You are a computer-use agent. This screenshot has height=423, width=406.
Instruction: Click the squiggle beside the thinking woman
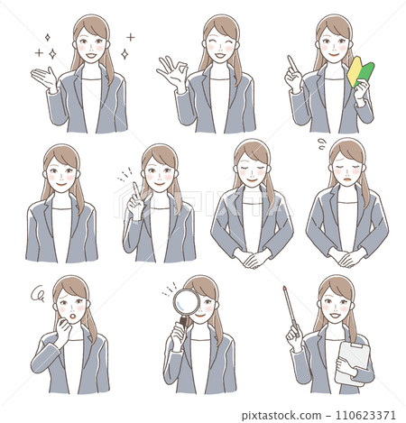click(38, 293)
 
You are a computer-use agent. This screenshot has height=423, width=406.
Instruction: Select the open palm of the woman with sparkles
click(42, 78)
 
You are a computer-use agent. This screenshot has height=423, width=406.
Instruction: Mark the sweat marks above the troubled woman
click(322, 142)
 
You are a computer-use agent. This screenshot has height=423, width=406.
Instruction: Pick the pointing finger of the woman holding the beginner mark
click(290, 63)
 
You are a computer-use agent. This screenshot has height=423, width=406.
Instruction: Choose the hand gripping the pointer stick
click(293, 336)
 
